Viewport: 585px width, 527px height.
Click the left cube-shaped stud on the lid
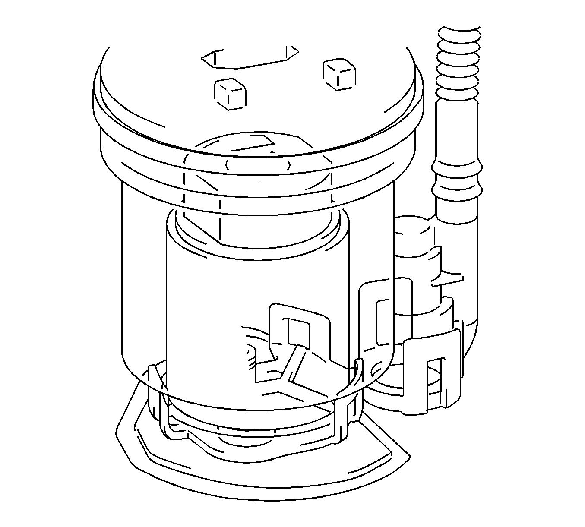tap(230, 93)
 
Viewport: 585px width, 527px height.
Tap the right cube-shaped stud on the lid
tap(340, 74)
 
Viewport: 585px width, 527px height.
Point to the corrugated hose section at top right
tap(458, 63)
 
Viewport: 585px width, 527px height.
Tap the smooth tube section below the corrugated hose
tap(458, 129)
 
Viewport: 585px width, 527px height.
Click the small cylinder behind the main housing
tap(414, 242)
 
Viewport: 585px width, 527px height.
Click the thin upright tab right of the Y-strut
tap(357, 380)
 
